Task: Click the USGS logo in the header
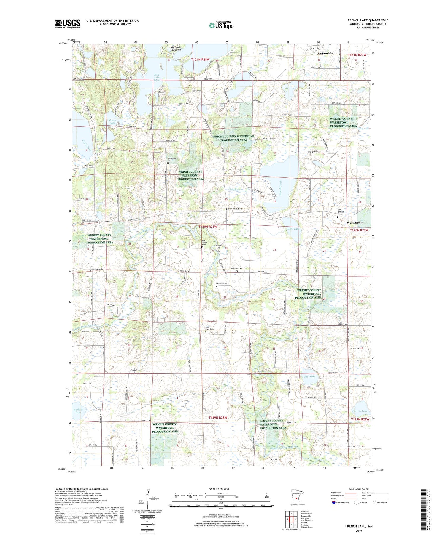click(68, 24)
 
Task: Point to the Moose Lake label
click(112, 122)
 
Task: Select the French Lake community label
click(234, 209)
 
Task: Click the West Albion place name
click(355, 222)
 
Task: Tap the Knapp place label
click(133, 370)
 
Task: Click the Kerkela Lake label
click(78, 411)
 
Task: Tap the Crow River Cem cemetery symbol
click(206, 332)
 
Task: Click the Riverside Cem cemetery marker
click(216, 286)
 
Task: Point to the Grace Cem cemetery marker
click(99, 222)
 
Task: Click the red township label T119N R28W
click(218, 418)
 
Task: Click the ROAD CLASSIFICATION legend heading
click(359, 489)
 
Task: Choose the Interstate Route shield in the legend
click(334, 502)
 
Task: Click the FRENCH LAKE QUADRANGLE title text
click(368, 20)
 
